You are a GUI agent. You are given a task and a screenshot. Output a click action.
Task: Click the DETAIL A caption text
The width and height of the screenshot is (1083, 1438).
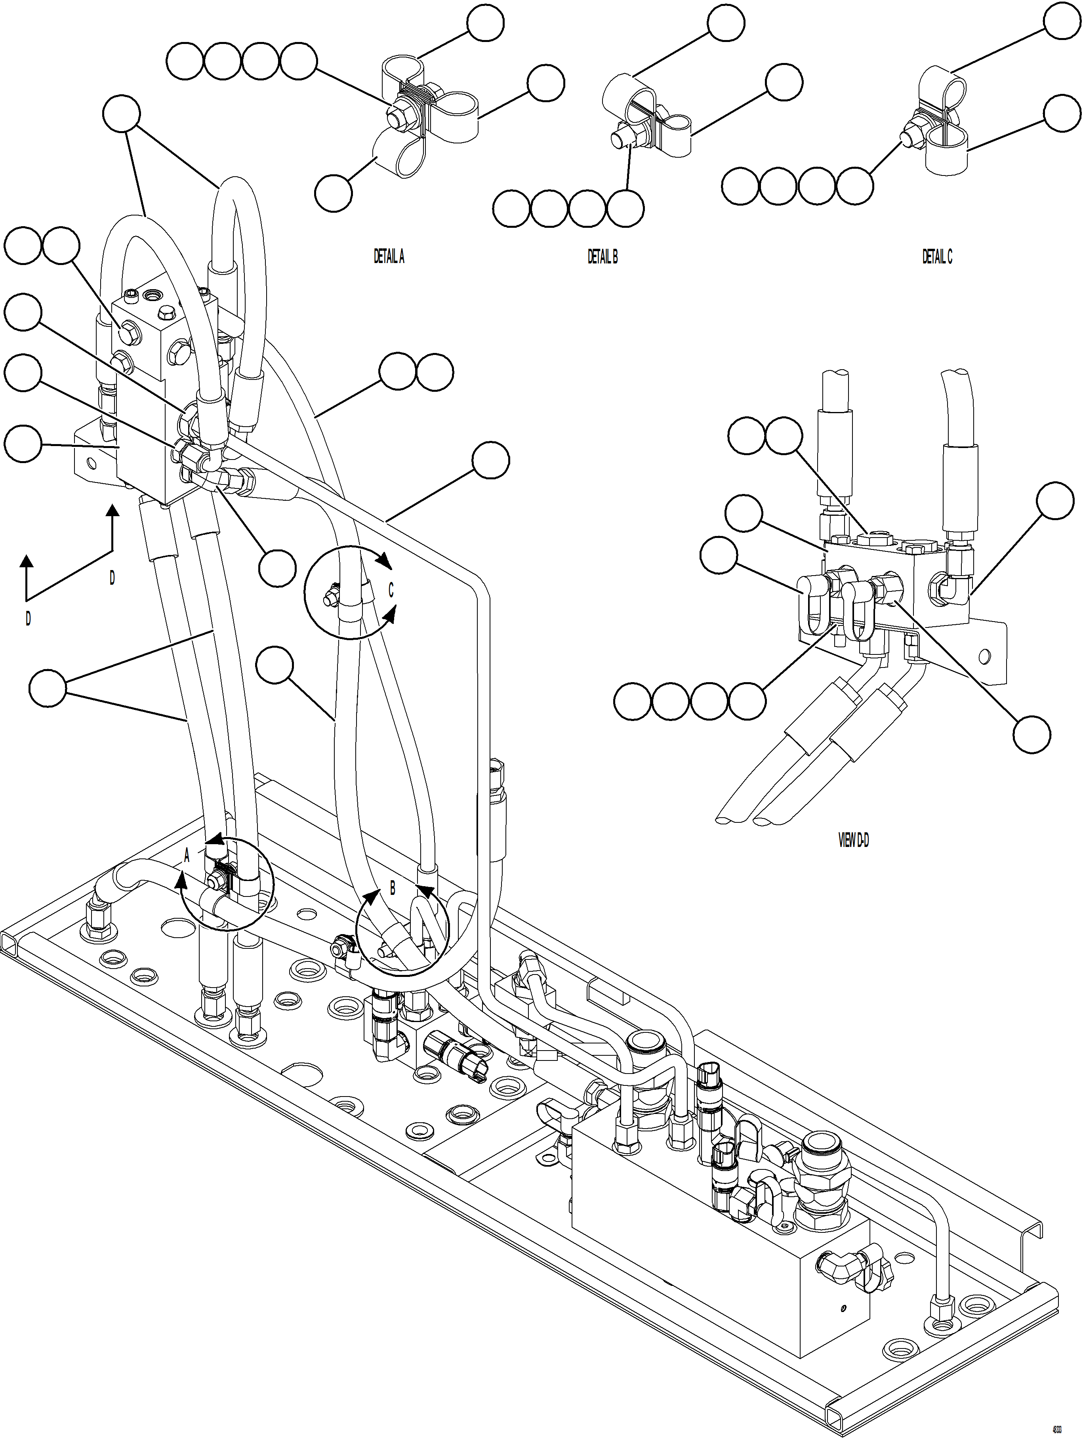point(389,257)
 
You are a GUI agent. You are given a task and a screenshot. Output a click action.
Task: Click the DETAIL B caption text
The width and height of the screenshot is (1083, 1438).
point(603,257)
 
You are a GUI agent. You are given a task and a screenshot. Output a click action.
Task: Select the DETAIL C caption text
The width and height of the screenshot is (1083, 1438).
point(937,257)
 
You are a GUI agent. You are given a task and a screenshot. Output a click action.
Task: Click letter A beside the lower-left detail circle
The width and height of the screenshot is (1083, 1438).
point(187,856)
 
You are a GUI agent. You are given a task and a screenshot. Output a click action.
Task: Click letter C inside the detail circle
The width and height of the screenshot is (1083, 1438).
point(391,590)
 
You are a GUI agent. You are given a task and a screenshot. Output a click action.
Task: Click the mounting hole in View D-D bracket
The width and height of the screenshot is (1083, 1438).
point(986,655)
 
